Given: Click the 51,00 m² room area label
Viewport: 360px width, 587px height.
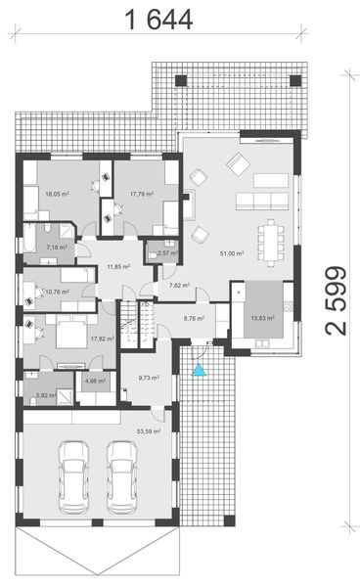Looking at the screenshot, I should (232, 253).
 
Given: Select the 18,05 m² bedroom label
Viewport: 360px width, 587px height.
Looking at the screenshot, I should (59, 194).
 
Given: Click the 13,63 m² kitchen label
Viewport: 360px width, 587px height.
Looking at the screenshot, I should (263, 318).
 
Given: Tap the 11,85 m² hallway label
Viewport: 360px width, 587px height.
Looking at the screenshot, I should (119, 266).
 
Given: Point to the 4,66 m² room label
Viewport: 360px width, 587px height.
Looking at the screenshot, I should (95, 381).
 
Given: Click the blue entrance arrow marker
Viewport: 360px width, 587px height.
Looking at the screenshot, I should (200, 370).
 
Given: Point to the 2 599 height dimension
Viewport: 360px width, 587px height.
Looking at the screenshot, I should (337, 299).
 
